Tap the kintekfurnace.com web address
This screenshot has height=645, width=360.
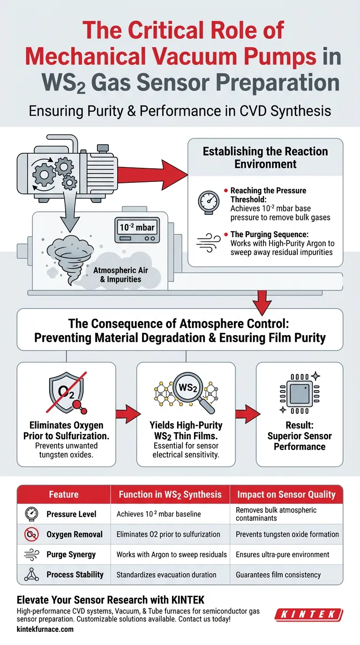click(x=45, y=629)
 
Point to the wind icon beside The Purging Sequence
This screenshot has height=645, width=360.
click(x=208, y=245)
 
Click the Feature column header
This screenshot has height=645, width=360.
click(x=64, y=495)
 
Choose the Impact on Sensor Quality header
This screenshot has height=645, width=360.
click(x=286, y=495)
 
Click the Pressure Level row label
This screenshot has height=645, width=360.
click(x=71, y=514)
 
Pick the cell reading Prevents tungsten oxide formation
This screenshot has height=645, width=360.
click(x=287, y=534)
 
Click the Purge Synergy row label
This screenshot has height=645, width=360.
click(x=71, y=554)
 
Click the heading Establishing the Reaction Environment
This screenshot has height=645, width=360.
click(x=265, y=157)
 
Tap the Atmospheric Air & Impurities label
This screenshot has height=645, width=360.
click(x=117, y=275)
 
